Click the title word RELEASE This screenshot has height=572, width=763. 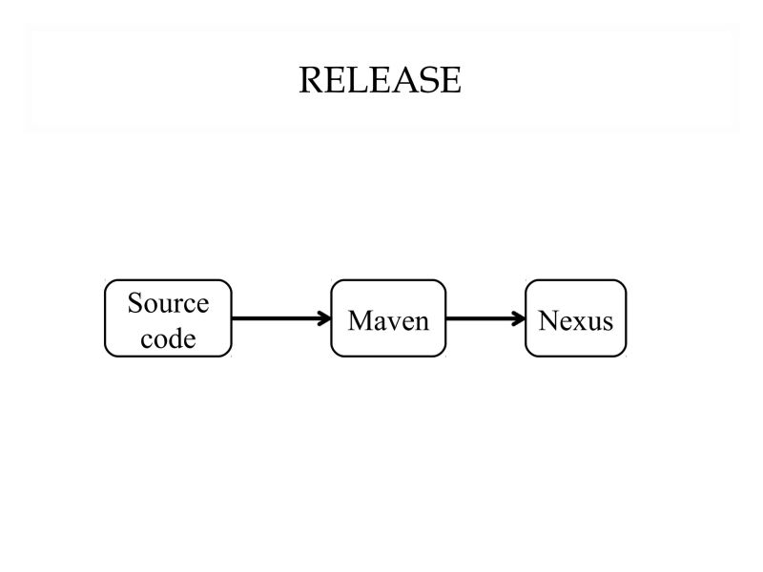pos(380,80)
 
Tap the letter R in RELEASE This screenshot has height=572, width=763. pos(310,80)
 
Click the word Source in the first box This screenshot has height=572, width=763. pos(168,303)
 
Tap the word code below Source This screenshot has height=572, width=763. pos(168,337)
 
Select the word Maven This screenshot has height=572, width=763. pos(388,320)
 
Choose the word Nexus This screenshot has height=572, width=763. pos(575,320)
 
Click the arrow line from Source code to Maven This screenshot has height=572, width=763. pos(277,318)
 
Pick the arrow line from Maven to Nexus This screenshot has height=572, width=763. pos(482,318)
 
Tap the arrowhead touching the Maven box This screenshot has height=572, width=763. pos(323,318)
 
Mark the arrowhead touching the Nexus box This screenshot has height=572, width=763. pos(519,318)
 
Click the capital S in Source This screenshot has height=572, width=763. pos(134,303)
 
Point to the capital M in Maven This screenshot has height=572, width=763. pos(360,320)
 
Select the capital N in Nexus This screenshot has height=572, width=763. pos(547,320)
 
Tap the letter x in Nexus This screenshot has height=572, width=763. pos(578,321)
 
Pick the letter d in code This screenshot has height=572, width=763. pos(175,337)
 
